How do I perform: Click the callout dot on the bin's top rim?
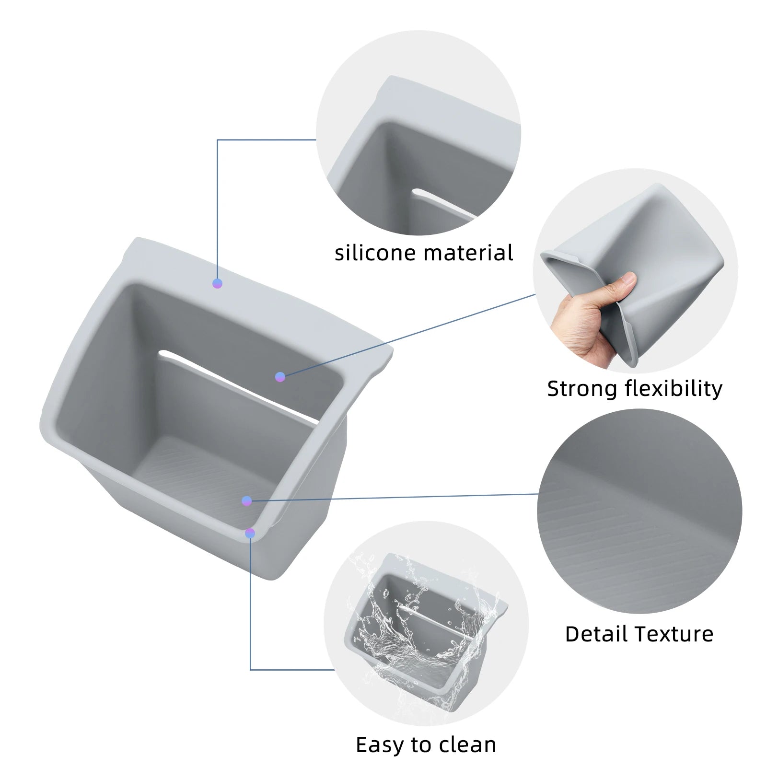point(217,283)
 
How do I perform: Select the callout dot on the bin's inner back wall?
point(280,377)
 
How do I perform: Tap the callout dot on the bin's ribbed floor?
point(247,501)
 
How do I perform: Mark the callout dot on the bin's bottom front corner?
point(250,533)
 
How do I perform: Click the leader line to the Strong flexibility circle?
point(408,336)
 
